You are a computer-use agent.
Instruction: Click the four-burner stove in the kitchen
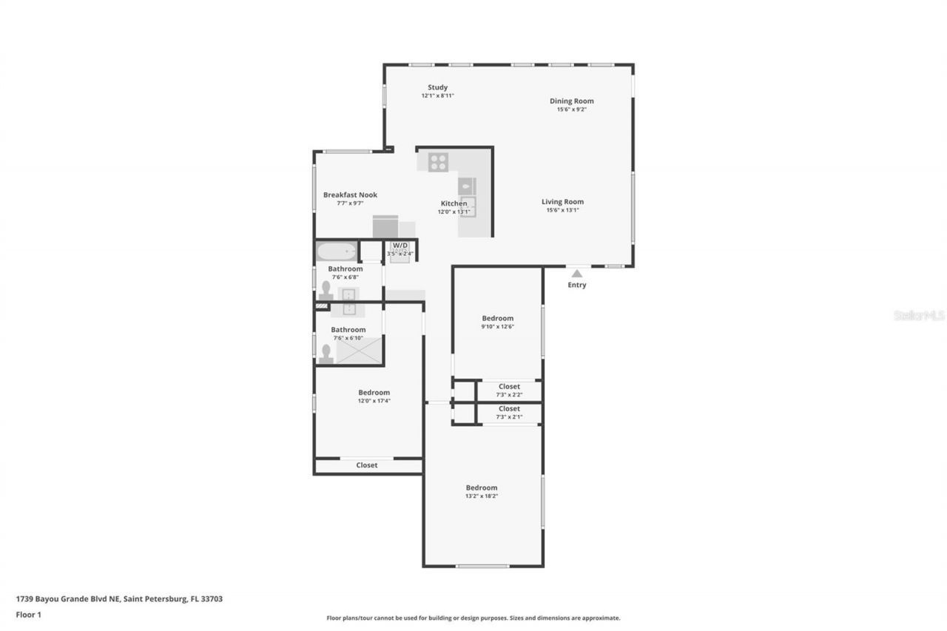(438, 161)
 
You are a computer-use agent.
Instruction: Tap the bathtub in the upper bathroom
(336, 252)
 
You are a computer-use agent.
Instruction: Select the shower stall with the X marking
(360, 350)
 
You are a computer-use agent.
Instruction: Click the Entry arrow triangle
(577, 274)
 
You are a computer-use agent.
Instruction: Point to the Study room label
(437, 87)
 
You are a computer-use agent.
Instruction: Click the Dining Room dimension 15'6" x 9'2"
(571, 109)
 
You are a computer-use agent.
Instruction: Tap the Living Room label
(562, 201)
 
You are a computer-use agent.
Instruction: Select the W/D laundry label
(400, 245)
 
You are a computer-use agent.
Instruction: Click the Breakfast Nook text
(350, 195)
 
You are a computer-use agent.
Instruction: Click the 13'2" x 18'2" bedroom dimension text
(481, 496)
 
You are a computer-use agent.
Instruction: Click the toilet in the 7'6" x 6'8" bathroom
(326, 289)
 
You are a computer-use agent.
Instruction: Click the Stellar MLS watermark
(919, 315)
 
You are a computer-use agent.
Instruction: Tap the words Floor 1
(28, 614)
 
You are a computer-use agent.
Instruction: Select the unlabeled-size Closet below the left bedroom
(367, 465)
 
